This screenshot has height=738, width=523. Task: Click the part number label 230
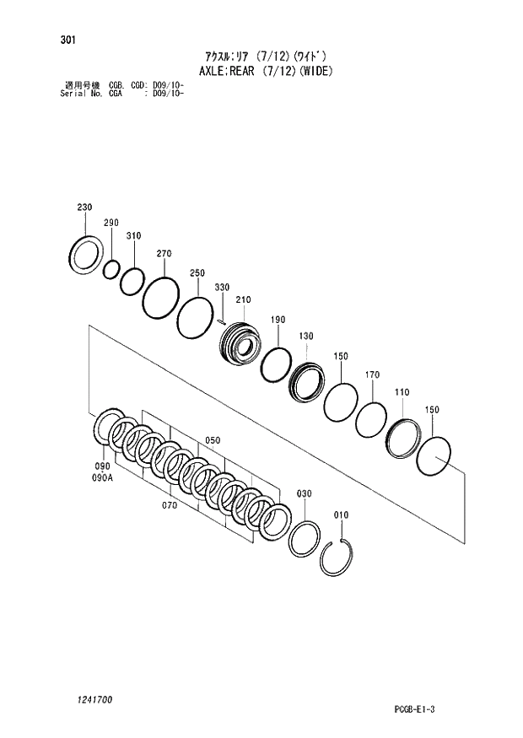click(x=84, y=207)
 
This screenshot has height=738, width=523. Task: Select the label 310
click(x=133, y=236)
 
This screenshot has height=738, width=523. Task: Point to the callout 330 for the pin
click(x=222, y=288)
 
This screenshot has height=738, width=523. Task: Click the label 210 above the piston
click(x=244, y=299)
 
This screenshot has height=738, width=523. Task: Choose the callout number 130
click(x=305, y=337)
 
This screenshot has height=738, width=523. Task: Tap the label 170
click(x=372, y=374)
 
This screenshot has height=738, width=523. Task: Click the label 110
click(x=402, y=392)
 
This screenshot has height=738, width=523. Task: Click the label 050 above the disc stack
click(x=212, y=440)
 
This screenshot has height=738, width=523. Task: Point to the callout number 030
click(x=304, y=493)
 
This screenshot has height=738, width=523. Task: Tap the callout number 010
click(x=341, y=514)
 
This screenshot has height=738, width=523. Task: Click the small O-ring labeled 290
click(x=111, y=270)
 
